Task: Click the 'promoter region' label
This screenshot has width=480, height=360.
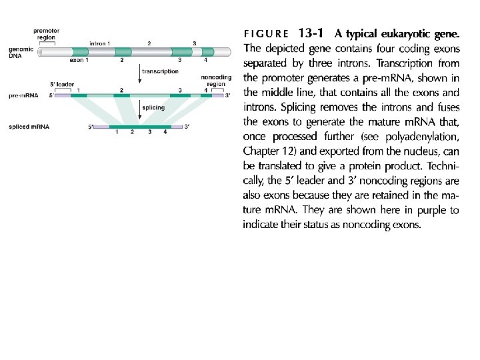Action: coord(47,34)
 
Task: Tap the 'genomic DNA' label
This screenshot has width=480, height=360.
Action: coord(20,53)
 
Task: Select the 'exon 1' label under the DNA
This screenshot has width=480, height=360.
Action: coord(79,60)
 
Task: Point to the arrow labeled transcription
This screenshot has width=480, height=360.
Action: coord(139,75)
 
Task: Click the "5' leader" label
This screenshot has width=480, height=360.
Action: coord(63,84)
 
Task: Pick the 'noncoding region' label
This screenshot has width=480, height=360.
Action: coord(216,81)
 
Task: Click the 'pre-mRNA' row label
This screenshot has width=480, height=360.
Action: coord(23,95)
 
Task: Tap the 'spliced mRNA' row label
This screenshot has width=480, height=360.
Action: coord(27,127)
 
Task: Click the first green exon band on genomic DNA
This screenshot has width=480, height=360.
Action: coord(79,51)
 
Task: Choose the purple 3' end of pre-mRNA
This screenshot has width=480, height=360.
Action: coord(218,95)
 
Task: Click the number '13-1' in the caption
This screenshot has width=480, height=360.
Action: coord(313,32)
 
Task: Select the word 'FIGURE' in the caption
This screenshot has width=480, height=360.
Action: coord(267,33)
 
